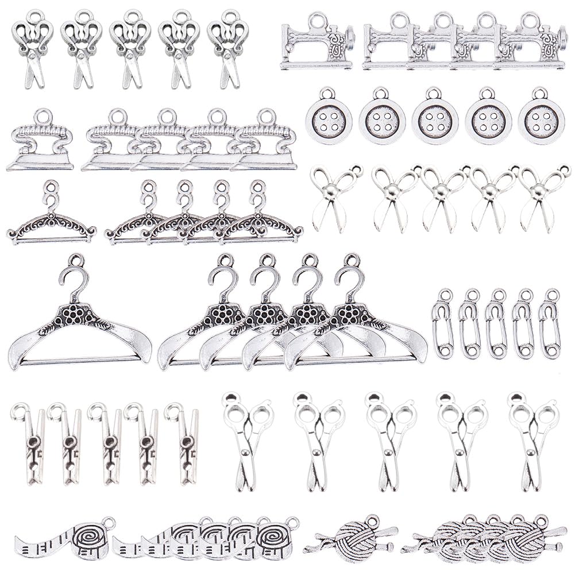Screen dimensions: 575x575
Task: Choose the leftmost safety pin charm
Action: tap(443, 325)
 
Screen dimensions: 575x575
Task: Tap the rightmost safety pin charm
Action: tap(550, 325)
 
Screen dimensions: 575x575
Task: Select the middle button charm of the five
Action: tap(435, 122)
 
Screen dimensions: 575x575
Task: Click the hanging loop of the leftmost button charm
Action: tap(327, 93)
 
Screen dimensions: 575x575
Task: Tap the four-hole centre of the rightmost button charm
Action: tap(541, 122)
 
